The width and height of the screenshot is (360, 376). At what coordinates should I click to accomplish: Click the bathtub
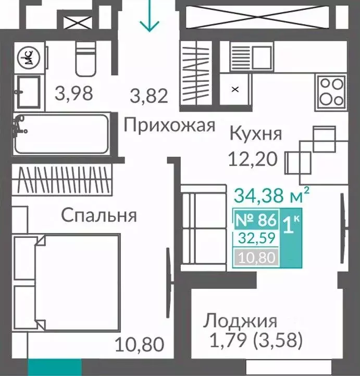pos(61,134)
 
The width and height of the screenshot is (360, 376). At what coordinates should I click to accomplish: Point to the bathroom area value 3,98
pos(74,94)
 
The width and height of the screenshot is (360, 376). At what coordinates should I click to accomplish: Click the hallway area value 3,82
pos(148,96)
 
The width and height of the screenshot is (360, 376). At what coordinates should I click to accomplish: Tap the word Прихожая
pos(169,126)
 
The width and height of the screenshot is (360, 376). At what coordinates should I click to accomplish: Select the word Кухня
pos(255,134)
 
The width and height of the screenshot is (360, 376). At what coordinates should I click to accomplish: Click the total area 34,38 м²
pos(272,196)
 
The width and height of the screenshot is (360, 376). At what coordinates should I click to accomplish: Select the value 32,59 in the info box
pos(256,238)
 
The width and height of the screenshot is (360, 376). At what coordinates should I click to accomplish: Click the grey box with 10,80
pos(256,257)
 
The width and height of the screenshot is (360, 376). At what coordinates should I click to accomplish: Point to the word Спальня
pos(99,215)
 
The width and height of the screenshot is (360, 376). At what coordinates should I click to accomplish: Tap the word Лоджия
pos(240,320)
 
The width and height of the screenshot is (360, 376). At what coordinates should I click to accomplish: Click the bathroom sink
pos(28,91)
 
